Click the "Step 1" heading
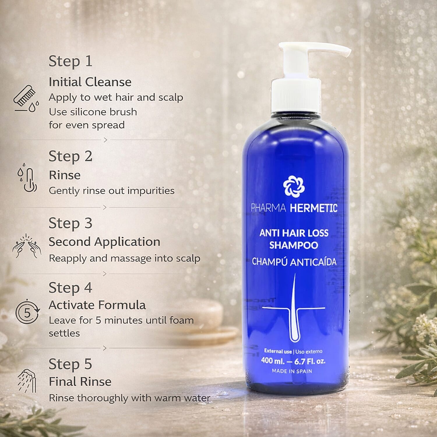tap(70, 61)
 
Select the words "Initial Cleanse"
tap(90, 82)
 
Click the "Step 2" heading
tap(70, 156)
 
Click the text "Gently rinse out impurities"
tap(112, 191)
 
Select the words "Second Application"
tap(104, 242)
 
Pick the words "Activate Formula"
tap(97, 305)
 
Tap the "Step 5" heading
tap(70, 364)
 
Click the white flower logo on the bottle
tap(294, 186)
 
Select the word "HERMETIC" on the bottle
tap(313, 208)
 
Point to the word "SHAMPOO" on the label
tap(293, 245)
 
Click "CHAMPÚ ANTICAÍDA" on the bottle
tap(294, 262)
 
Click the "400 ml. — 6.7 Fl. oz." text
tap(293, 361)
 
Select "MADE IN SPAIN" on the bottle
tap(292, 371)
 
